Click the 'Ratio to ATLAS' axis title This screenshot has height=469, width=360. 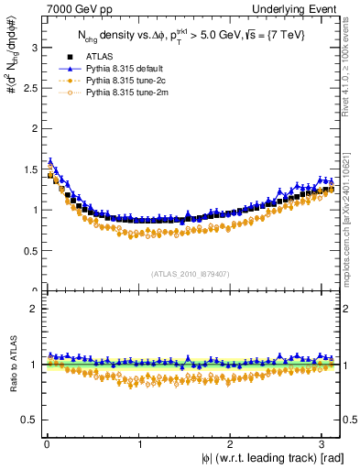pyautogui.click(x=11, y=367)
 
